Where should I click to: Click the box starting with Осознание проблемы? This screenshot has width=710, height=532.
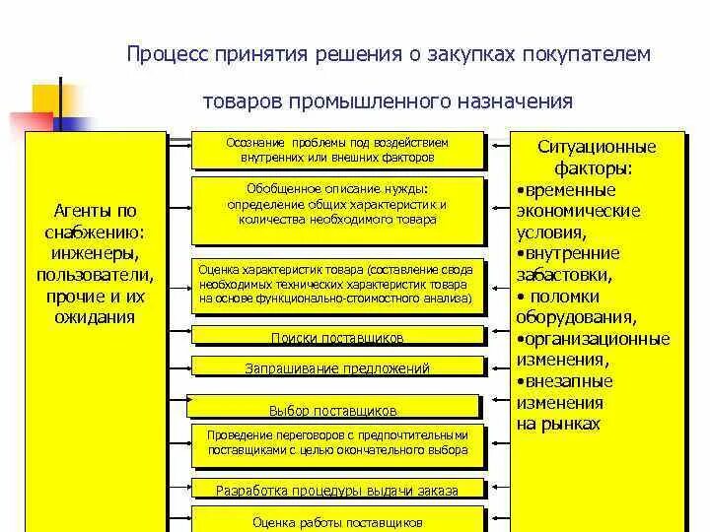click(337, 150)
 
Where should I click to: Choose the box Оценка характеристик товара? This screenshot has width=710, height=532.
click(337, 283)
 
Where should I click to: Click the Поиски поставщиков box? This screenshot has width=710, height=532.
click(337, 337)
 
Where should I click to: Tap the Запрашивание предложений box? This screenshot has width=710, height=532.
click(337, 368)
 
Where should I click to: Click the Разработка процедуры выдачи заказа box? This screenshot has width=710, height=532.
click(337, 489)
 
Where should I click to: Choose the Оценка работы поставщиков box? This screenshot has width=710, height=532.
click(337, 521)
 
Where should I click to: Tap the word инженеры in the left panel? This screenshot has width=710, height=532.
click(90, 255)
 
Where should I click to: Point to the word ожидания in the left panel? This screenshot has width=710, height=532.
click(90, 317)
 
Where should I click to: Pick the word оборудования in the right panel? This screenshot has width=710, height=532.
click(574, 317)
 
